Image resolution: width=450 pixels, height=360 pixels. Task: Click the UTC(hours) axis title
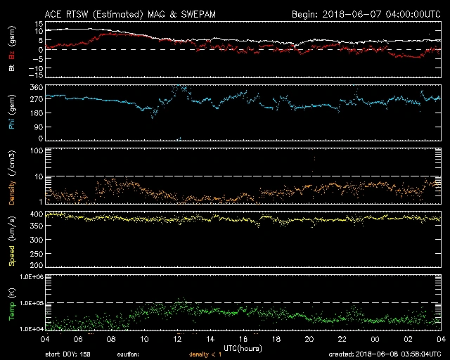(243, 347)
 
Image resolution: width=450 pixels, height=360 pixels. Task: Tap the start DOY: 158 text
(68, 354)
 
